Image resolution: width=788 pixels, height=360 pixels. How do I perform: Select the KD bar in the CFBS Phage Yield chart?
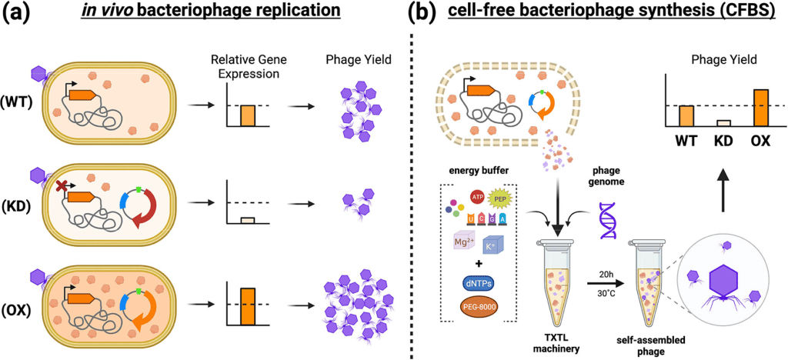pos(724,122)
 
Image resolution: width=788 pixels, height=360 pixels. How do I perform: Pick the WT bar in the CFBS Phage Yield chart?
pos(687,115)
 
